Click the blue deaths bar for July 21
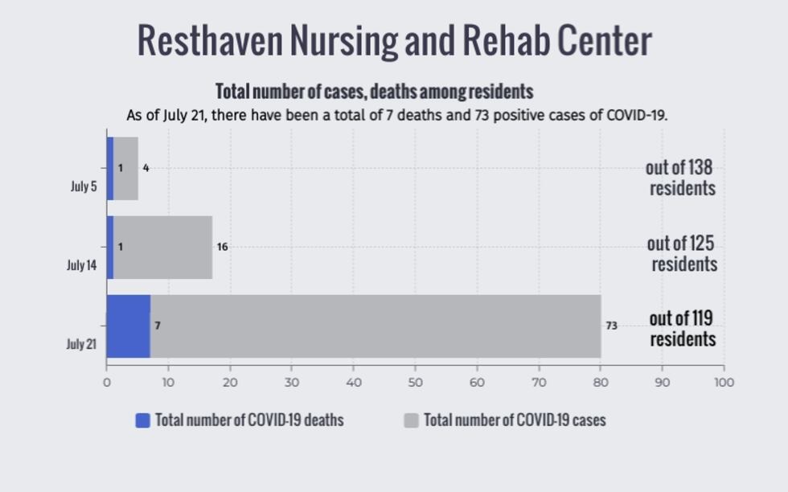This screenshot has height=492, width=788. coord(128,326)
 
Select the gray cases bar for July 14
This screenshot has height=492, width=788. coord(162,248)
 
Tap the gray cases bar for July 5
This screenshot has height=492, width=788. coord(125,169)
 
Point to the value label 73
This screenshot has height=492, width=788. coord(611,326)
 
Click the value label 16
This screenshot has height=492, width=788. coord(222,248)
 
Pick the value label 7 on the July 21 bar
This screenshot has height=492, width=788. coord(158,326)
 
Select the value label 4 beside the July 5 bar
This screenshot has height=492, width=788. coord(146,169)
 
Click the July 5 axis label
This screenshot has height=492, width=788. coord(84,187)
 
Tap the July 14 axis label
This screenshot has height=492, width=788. coord(81,265)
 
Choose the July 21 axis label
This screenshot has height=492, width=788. coord(81,344)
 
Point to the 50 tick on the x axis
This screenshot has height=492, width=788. coord(415,383)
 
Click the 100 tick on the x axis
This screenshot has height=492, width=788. coord(724,383)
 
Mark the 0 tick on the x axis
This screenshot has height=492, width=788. coord(107,383)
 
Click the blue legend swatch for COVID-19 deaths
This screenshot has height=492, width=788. coord(143,420)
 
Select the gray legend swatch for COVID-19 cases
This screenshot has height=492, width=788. coord(411,420)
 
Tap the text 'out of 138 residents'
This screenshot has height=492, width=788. coord(680,178)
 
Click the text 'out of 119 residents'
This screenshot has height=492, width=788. coord(682,329)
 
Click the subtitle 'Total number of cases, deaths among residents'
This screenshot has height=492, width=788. coord(374,92)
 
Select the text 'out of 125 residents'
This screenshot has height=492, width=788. coord(682,254)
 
